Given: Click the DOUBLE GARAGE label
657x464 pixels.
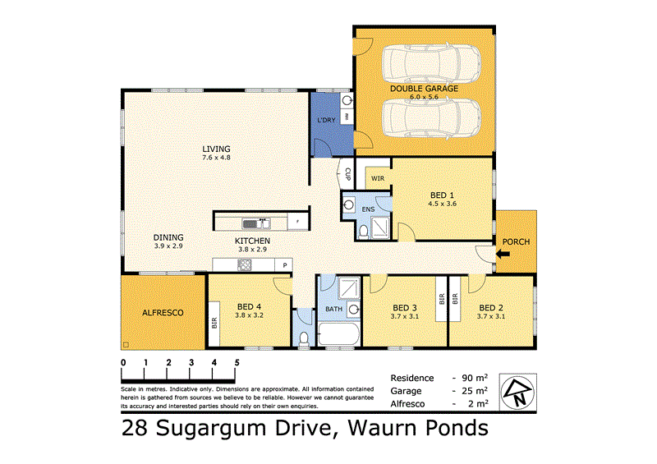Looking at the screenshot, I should click(424, 88).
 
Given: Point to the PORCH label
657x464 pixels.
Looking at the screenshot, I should click(516, 241).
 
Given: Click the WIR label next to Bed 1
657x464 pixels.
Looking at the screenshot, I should click(378, 178).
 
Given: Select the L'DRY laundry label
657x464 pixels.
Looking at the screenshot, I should click(326, 121).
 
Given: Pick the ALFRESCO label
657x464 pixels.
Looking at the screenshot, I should click(162, 313).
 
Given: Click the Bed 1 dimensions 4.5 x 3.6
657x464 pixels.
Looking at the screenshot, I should click(441, 203).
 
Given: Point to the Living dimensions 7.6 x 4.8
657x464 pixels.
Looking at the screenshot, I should click(217, 157).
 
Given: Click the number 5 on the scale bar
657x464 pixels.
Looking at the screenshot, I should click(237, 362).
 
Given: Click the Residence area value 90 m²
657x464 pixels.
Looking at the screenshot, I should click(476, 377).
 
